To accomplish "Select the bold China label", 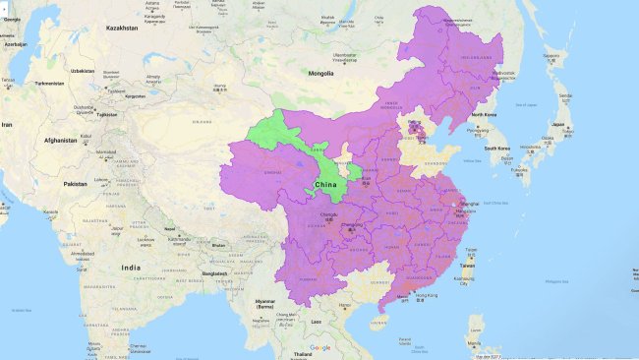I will tap(326, 184).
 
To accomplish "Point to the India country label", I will tap(131, 268).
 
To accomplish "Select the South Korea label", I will tap(502, 149).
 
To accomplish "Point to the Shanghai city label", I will tap(468, 204).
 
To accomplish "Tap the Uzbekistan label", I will tap(83, 71).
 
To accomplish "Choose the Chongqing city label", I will tap(351, 226).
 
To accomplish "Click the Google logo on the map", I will tap(320, 347).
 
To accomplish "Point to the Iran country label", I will tap(8, 125).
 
